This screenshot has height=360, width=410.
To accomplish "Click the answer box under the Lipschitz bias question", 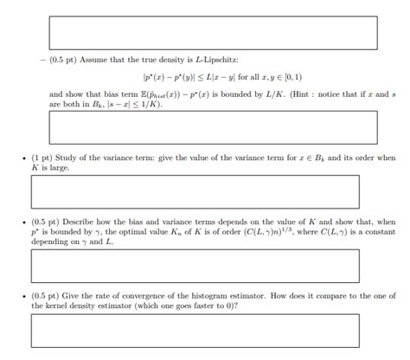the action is click(x=213, y=126).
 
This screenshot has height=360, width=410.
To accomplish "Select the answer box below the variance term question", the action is click(x=195, y=191).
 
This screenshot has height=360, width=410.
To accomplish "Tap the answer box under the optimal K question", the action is click(x=195, y=265).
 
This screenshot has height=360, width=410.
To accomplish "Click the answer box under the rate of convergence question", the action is click(x=195, y=330).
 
